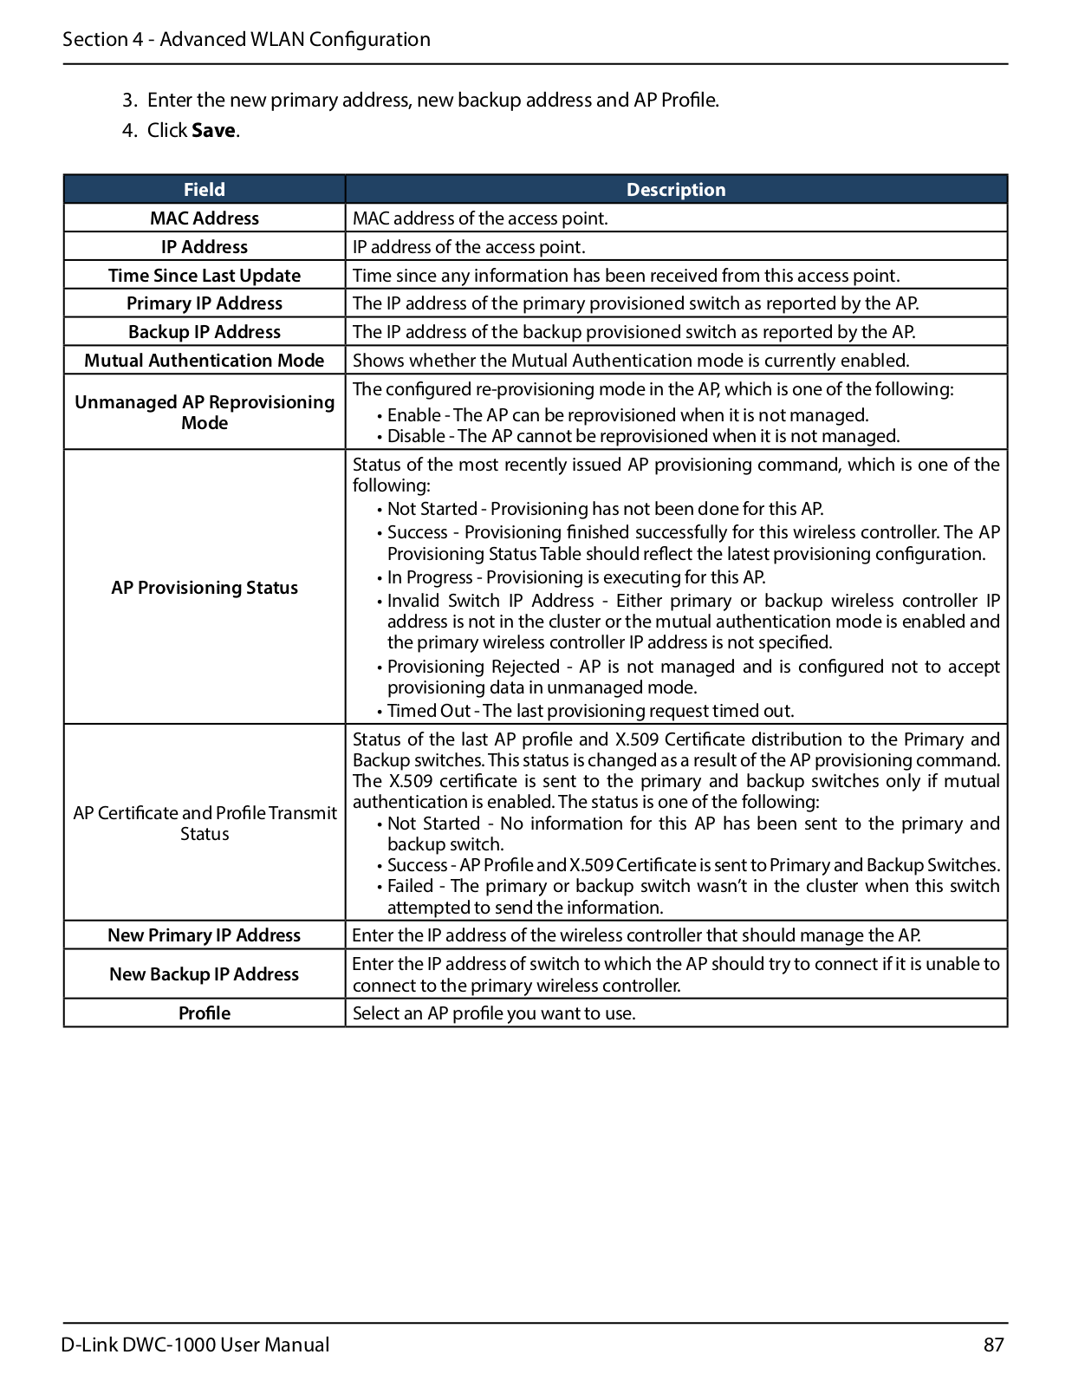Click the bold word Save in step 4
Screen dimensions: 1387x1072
213,130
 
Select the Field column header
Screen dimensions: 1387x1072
204,189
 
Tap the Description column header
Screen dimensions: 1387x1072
675,189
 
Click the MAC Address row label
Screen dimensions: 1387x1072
204,218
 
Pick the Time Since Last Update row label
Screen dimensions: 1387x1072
204,276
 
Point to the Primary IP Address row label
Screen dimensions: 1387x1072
204,303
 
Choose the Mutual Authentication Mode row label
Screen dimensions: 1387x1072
204,361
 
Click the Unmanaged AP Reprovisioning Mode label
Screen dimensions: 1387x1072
204,413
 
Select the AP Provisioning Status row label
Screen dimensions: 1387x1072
204,588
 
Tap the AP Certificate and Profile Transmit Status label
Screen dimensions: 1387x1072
204,824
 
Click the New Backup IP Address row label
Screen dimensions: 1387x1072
204,974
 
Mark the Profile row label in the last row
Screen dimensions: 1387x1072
204,1013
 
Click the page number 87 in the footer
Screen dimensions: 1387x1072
993,1345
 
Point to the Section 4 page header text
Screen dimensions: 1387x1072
246,39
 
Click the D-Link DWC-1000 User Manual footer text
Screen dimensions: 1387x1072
196,1345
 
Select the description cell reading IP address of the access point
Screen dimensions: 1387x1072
469,247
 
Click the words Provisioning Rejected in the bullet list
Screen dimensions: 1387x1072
473,667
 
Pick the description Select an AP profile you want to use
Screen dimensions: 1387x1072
494,1013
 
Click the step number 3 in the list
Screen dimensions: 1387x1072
128,101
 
